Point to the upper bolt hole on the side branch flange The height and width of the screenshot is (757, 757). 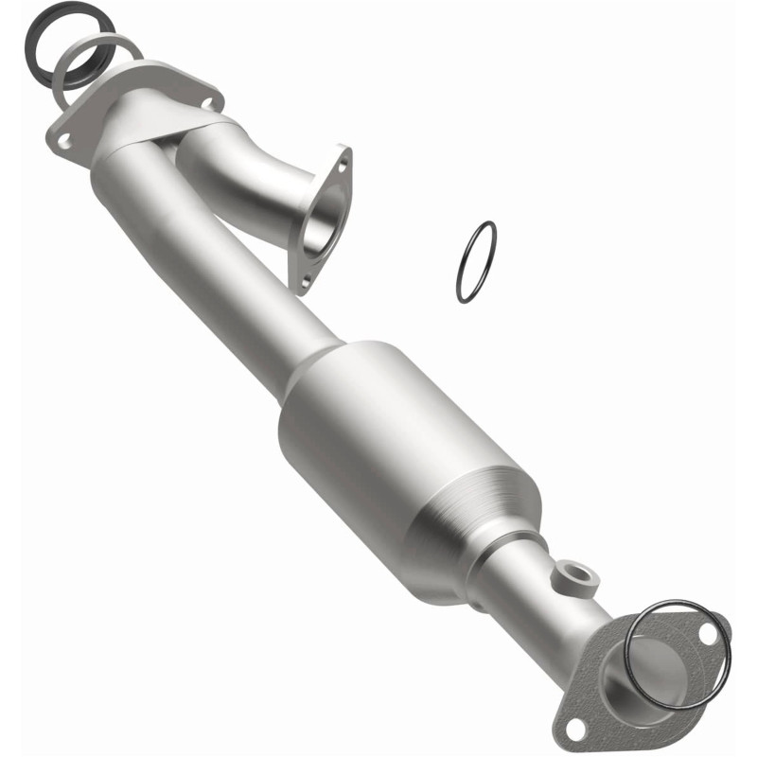[x=343, y=163]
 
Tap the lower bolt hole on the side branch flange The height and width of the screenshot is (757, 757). [x=304, y=280]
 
